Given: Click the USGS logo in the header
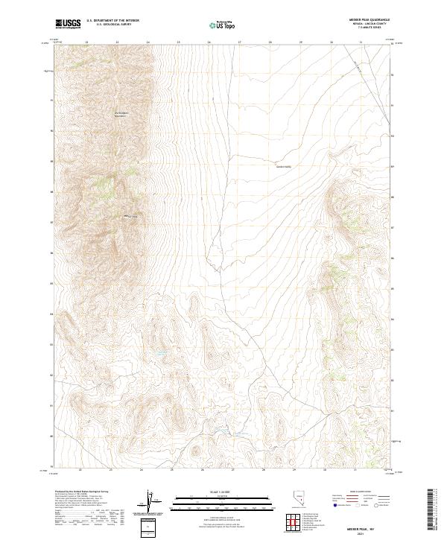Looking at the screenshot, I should tap(68, 24).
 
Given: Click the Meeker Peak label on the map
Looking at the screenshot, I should tap(131, 217).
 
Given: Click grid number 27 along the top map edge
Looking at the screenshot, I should tap(239, 42).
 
